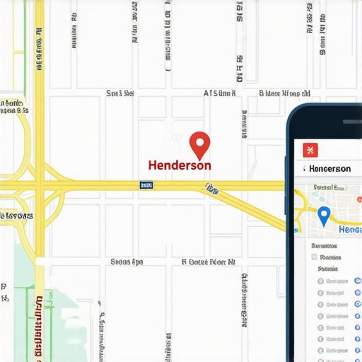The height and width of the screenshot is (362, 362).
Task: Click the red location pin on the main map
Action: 200,144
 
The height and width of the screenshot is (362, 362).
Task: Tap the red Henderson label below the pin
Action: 180,165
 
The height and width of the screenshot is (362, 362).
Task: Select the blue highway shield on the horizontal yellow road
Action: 146,185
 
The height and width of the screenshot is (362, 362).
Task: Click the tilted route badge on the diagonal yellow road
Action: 211,188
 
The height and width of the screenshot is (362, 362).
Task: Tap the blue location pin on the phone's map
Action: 324,216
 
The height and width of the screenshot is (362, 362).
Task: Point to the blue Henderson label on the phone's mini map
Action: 351,230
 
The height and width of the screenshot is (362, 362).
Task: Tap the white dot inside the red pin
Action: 200,141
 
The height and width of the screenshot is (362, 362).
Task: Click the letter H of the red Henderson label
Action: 153,165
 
